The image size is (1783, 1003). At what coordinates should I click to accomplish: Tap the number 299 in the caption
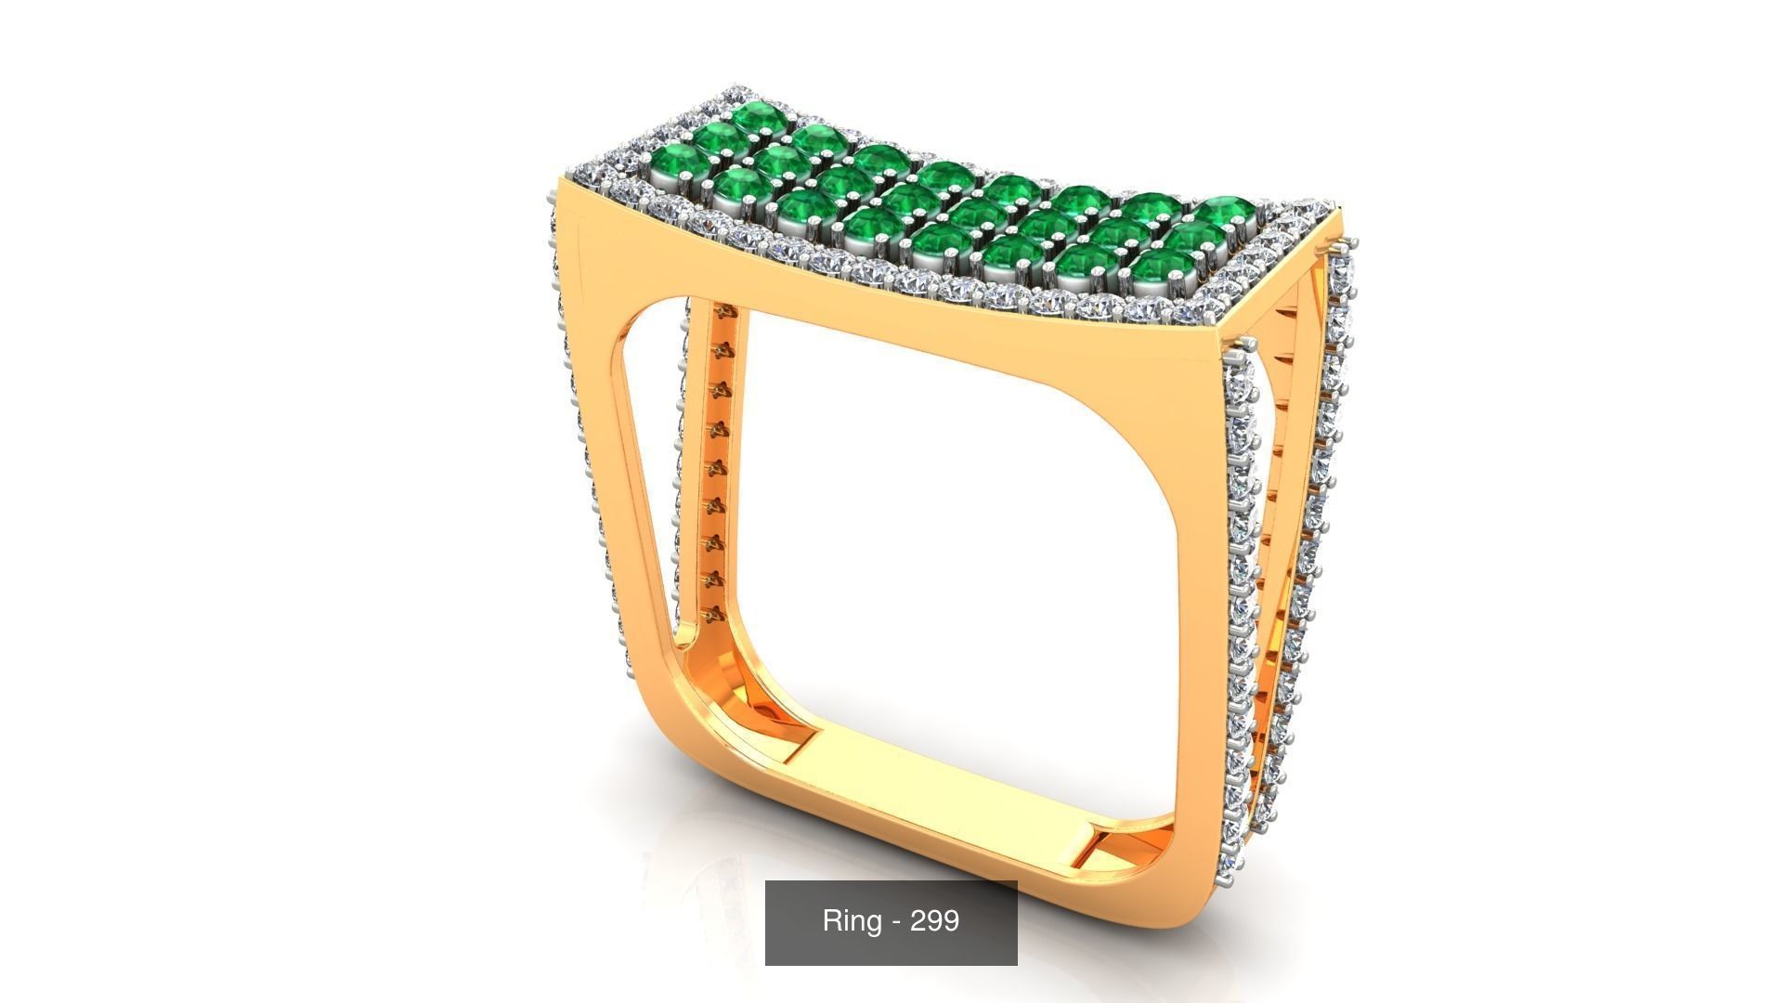pos(934,921)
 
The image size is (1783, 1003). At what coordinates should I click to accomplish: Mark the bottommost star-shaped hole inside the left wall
pos(713,614)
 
